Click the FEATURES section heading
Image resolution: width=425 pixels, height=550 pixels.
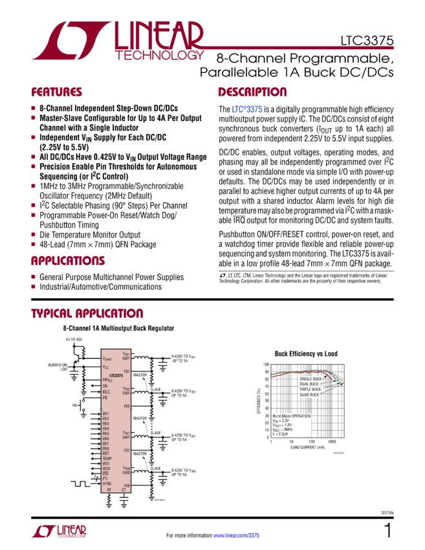[57, 92]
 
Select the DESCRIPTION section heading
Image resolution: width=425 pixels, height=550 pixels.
[252, 92]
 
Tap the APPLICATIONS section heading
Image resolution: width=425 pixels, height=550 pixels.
[68, 261]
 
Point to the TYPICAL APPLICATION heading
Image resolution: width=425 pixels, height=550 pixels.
[88, 314]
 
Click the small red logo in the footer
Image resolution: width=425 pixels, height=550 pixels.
[58, 532]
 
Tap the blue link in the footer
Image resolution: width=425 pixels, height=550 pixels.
[235, 535]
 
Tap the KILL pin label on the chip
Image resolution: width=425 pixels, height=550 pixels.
[106, 391]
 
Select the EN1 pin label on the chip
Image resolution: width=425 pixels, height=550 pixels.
[105, 413]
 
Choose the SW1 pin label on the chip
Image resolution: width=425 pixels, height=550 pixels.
[127, 357]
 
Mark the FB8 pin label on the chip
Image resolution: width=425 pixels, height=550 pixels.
[127, 485]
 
